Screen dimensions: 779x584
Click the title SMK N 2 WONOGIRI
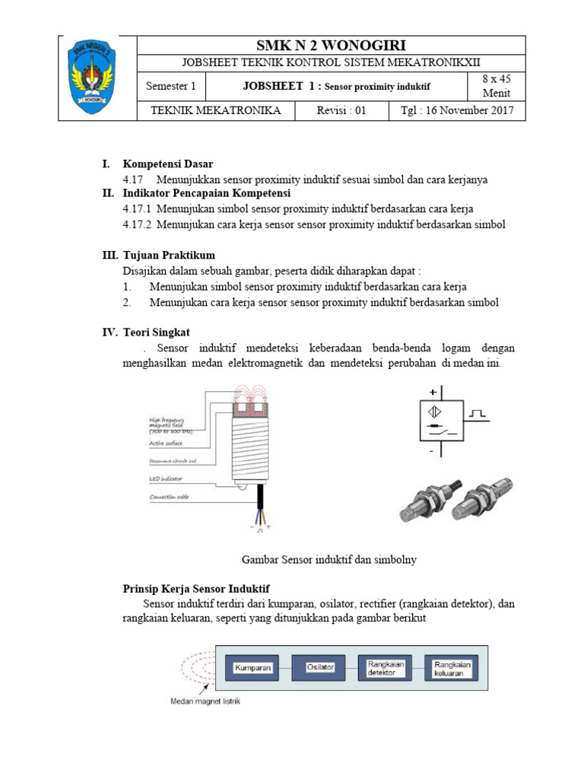[x=331, y=45]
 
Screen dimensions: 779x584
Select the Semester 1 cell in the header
[x=171, y=87]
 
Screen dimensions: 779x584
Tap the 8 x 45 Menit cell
[x=497, y=87]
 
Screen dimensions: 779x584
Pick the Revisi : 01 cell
[x=341, y=110]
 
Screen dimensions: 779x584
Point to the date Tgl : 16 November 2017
[x=457, y=110]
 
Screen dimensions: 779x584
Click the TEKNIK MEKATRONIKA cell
[x=216, y=110]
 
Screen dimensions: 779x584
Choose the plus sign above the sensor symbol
[x=433, y=392]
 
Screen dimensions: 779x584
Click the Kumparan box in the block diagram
[x=253, y=667]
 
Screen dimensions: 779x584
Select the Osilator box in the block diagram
[x=320, y=667]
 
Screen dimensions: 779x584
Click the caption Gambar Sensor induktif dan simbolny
[x=328, y=559]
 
